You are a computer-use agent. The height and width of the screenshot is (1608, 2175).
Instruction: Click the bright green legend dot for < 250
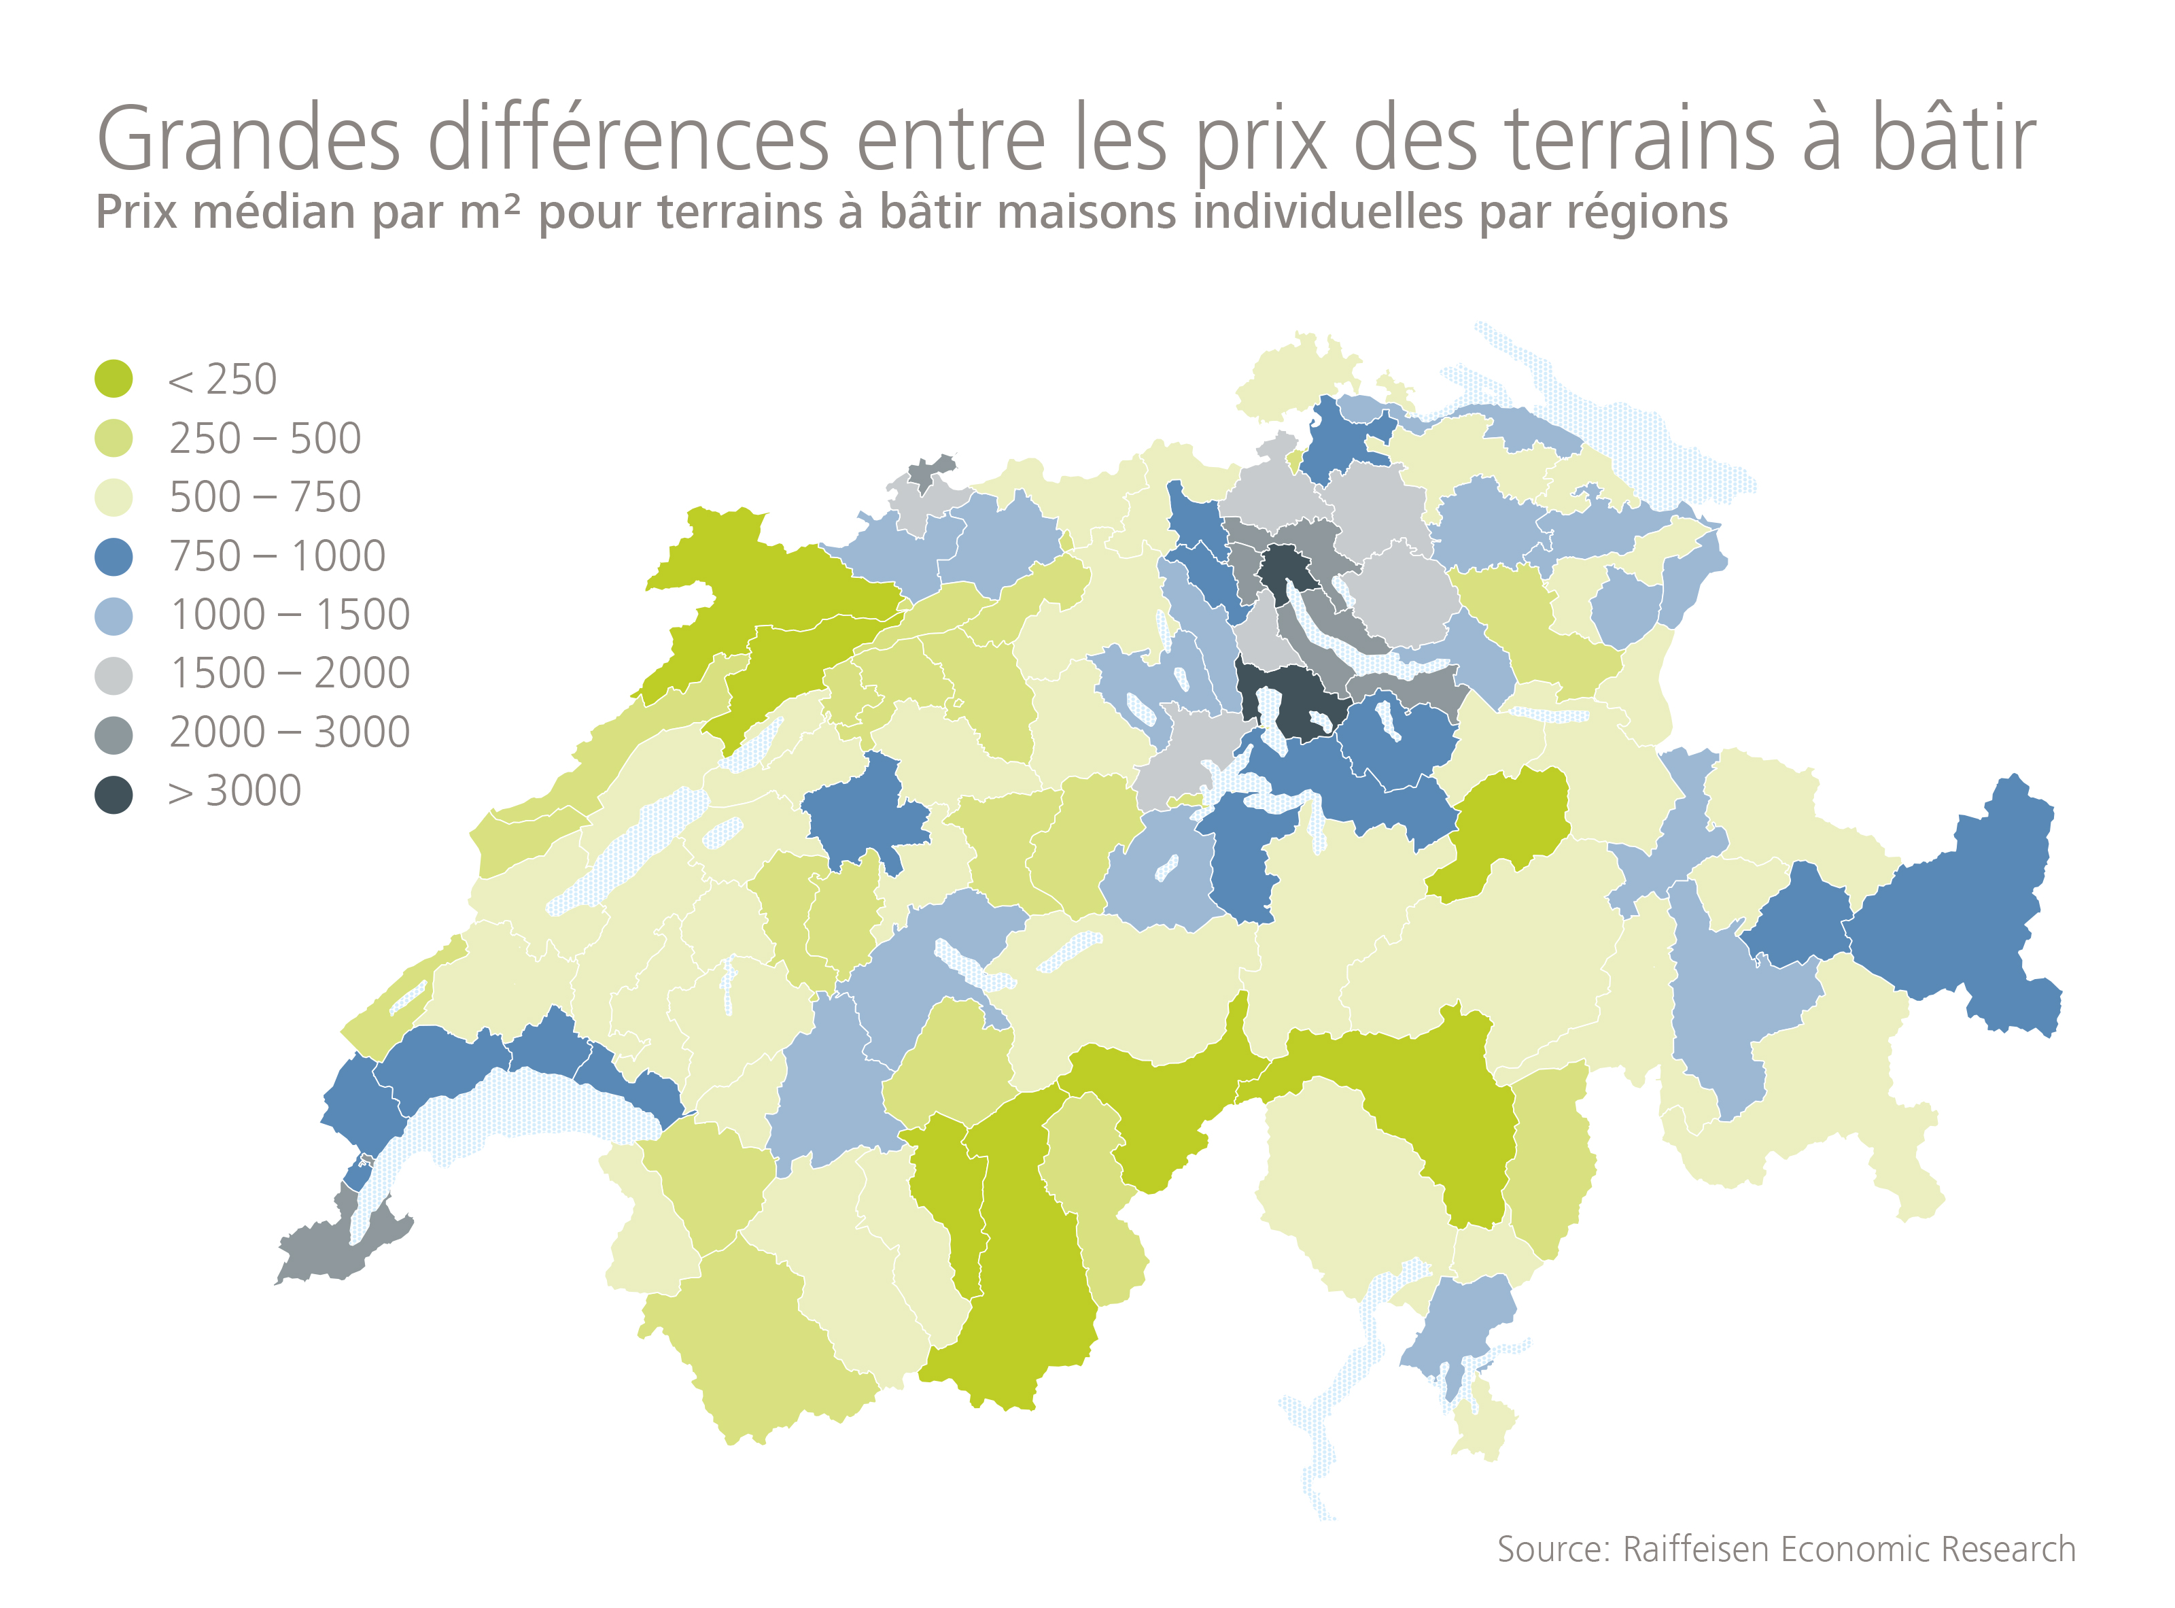click(x=114, y=379)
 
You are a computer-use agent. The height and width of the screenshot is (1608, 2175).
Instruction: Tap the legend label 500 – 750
click(x=264, y=498)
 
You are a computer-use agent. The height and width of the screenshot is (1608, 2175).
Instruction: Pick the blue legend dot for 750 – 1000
click(x=114, y=557)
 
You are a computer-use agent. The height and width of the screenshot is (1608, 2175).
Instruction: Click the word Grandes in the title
click(x=248, y=139)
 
